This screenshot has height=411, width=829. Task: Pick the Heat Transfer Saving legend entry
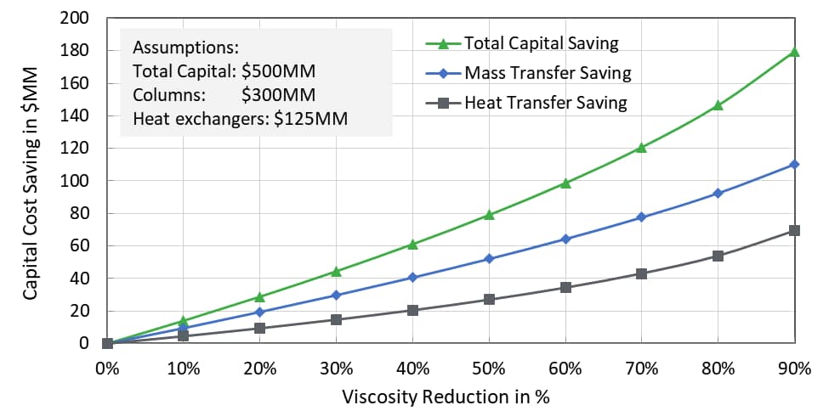tap(545, 104)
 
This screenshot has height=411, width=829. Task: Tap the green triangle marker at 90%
tap(794, 52)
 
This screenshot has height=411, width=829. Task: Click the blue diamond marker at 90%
tap(794, 165)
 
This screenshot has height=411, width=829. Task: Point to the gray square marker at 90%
tap(794, 230)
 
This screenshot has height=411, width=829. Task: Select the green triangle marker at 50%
tap(489, 215)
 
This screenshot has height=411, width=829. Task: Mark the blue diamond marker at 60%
tap(565, 239)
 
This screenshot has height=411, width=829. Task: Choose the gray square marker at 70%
tap(642, 273)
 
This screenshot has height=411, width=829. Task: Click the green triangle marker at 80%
tap(718, 105)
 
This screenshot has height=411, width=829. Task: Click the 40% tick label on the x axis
tap(412, 369)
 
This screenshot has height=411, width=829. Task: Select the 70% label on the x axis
tap(642, 369)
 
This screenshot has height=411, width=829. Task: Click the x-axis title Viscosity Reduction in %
tap(451, 397)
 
